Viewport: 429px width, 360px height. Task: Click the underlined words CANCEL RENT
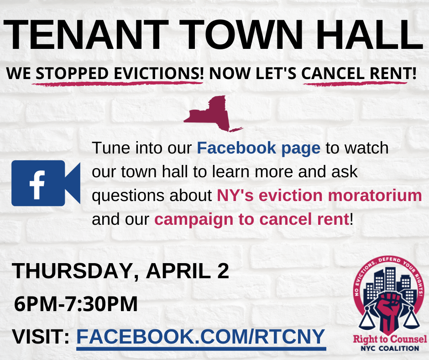pyautogui.click(x=354, y=74)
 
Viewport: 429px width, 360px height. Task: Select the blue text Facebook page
pyautogui.click(x=260, y=148)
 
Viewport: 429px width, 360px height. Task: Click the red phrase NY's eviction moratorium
pyautogui.click(x=319, y=196)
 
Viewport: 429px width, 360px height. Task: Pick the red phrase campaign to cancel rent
pyautogui.click(x=251, y=219)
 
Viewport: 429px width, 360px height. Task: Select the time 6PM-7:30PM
pyautogui.click(x=76, y=304)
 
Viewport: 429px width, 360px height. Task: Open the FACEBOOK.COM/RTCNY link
pyautogui.click(x=201, y=337)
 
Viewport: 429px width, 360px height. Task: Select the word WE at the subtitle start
pyautogui.click(x=19, y=74)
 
